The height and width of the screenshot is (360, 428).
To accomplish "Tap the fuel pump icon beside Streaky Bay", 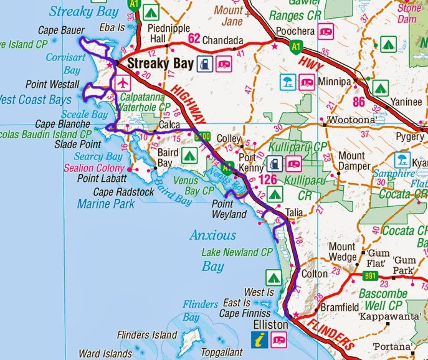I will click(204, 63).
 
